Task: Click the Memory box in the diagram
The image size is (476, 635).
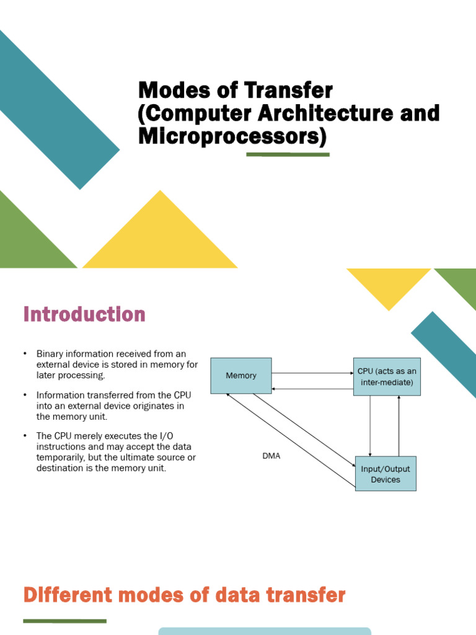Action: tap(241, 376)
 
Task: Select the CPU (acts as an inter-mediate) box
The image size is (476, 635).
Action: tap(387, 376)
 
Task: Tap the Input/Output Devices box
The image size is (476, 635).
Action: tap(385, 474)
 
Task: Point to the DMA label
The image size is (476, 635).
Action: tap(271, 456)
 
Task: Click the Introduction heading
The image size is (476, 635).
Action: tap(84, 314)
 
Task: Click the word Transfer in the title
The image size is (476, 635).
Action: tap(289, 91)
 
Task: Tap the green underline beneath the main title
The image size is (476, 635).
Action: tap(288, 154)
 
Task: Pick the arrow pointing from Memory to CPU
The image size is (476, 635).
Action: tap(312, 373)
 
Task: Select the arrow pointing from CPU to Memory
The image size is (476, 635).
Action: tap(312, 389)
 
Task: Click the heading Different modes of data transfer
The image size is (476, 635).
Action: tap(184, 596)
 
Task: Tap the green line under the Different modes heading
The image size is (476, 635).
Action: tap(64, 621)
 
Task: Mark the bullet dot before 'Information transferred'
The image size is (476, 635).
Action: tap(25, 395)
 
